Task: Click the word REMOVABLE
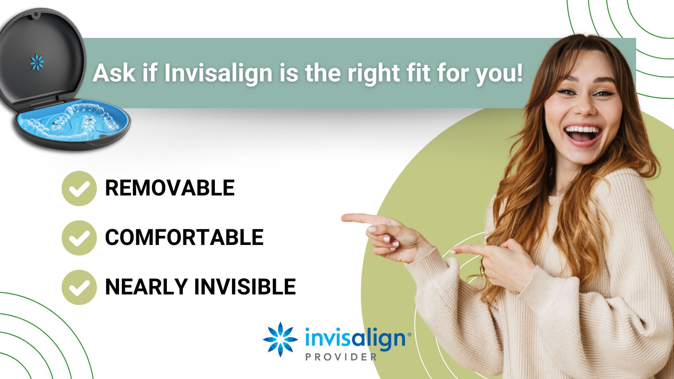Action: [170, 188]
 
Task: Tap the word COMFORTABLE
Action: [184, 238]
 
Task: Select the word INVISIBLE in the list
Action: [245, 287]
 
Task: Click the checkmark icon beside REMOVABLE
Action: [79, 188]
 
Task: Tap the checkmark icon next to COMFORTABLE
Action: [79, 238]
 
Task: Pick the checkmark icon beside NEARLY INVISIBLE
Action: [79, 287]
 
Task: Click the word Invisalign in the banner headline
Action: [218, 74]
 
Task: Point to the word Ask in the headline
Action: [114, 73]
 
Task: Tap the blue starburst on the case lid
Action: [37, 62]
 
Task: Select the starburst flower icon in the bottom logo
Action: [280, 339]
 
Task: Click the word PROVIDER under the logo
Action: [341, 357]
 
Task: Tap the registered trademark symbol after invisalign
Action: [409, 335]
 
